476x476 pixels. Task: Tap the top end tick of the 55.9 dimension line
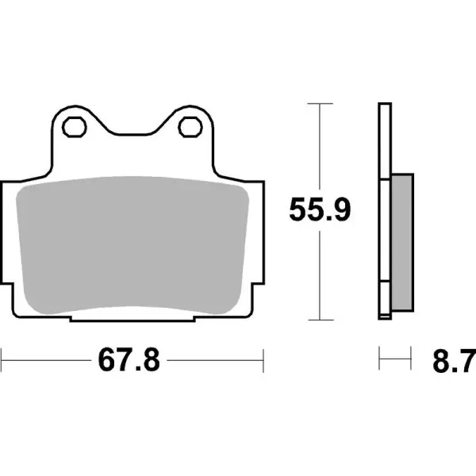pyautogui.click(x=319, y=103)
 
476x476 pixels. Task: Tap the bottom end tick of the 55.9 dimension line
pyautogui.click(x=319, y=321)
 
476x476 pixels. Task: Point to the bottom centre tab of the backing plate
pyautogui.click(x=132, y=319)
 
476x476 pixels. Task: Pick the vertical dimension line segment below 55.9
pyautogui.click(x=319, y=274)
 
